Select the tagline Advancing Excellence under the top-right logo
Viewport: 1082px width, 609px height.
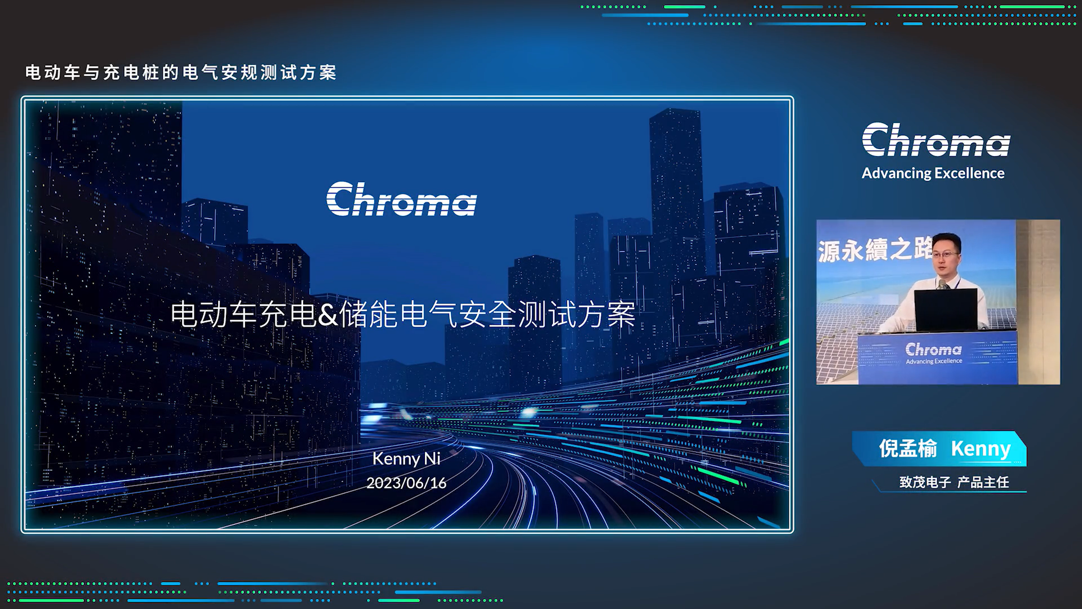(933, 173)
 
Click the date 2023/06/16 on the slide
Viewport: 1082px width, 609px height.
(406, 483)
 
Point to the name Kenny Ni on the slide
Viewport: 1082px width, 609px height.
(406, 458)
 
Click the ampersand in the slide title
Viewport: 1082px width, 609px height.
(327, 315)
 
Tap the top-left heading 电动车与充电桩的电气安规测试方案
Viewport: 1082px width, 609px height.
(181, 73)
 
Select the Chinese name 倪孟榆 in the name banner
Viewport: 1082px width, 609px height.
(908, 449)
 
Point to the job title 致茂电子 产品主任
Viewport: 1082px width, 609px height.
(954, 482)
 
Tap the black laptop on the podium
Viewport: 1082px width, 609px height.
(946, 310)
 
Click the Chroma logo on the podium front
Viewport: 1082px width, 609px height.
(934, 353)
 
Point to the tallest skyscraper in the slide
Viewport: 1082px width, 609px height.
(676, 226)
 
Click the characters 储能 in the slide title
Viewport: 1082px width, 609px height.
(369, 315)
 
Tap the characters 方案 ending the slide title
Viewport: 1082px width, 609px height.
(606, 315)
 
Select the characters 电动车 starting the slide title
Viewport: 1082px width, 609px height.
(214, 315)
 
